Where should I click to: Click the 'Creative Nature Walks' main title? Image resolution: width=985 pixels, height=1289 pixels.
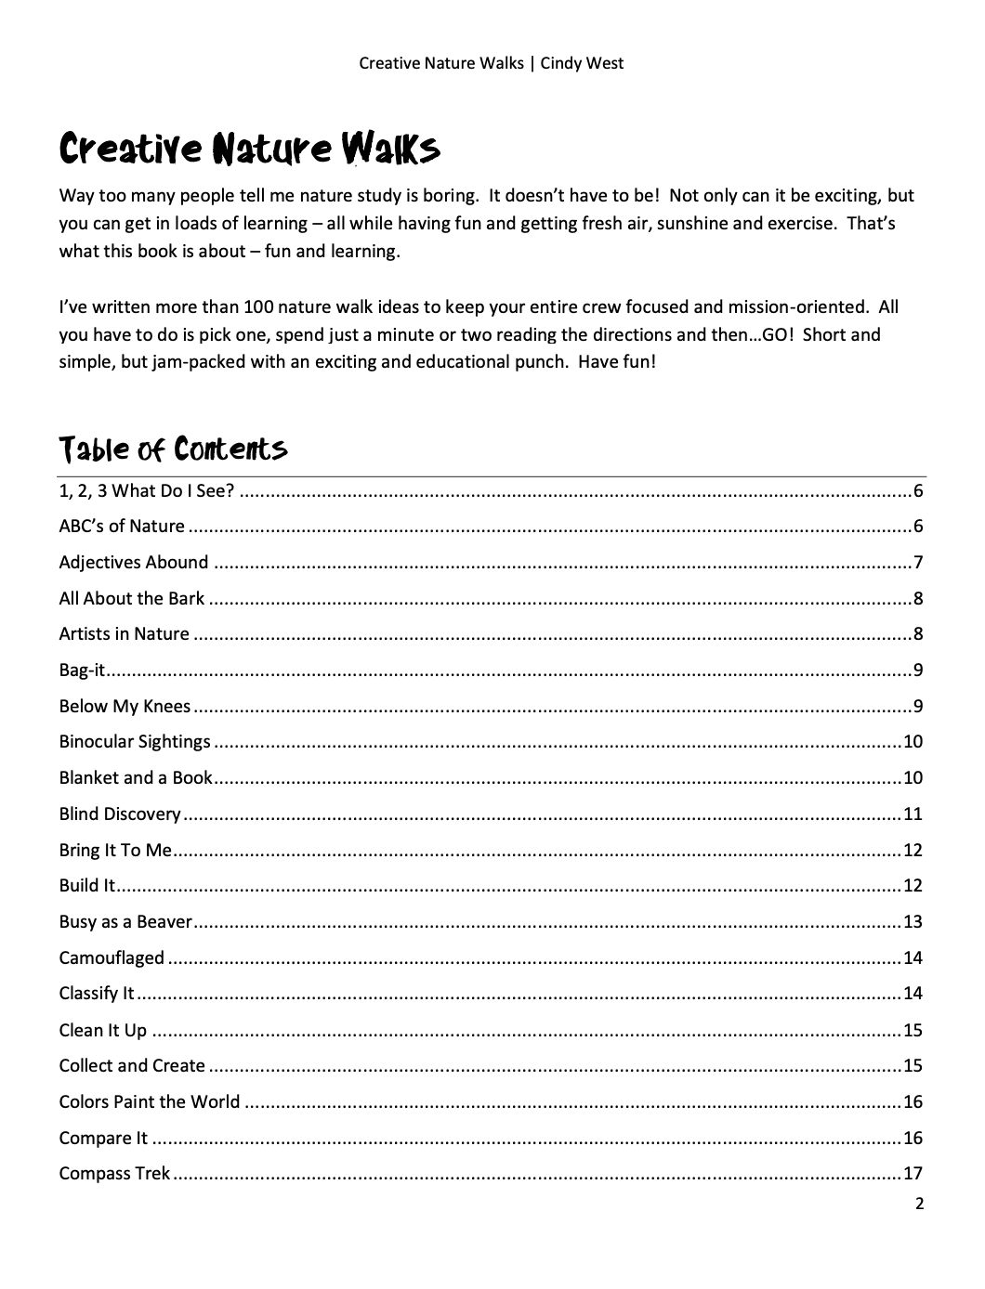[x=249, y=150]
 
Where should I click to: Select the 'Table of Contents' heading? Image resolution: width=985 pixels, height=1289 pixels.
[x=173, y=449]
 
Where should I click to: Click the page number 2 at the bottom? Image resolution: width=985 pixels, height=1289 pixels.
[x=919, y=1204]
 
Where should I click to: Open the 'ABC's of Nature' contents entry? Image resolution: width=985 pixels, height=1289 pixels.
[x=122, y=527]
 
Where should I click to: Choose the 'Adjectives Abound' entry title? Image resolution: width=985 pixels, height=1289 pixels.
[x=133, y=563]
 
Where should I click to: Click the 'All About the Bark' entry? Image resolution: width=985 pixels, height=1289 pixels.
[x=131, y=599]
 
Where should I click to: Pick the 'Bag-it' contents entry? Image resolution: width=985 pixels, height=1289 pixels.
[x=82, y=671]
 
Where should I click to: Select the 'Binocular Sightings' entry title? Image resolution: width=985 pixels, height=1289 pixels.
[x=135, y=742]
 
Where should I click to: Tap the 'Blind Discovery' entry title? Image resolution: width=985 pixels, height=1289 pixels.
[x=120, y=814]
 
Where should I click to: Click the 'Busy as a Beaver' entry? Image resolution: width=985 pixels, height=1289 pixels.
[x=125, y=922]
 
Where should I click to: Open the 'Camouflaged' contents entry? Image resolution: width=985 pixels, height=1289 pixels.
[x=112, y=958]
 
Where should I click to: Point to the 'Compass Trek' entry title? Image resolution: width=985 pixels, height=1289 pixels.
[x=114, y=1174]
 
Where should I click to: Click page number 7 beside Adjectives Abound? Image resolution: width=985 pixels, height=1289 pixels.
[x=917, y=563]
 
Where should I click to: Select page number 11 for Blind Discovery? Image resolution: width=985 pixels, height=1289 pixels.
[x=913, y=814]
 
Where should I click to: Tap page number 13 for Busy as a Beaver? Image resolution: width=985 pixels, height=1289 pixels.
[x=913, y=922]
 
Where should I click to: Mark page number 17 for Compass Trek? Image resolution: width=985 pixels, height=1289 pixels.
[x=913, y=1174]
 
